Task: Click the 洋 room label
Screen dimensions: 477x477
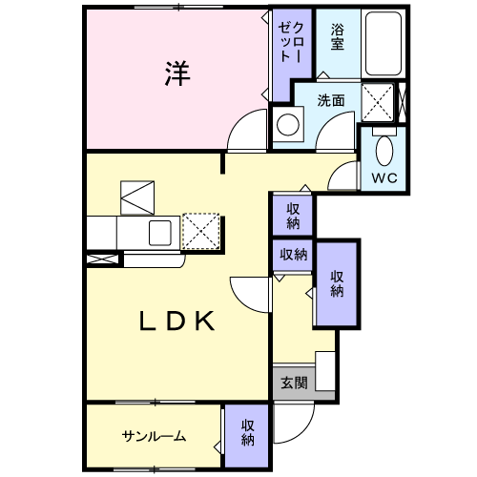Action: (x=177, y=73)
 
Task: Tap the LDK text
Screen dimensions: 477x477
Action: (x=177, y=321)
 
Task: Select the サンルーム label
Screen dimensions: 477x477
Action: (x=154, y=436)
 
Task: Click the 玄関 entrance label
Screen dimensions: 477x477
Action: (x=294, y=383)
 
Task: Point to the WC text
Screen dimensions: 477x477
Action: (x=384, y=177)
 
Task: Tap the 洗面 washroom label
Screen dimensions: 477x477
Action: (x=331, y=100)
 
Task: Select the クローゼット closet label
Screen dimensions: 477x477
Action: (x=291, y=42)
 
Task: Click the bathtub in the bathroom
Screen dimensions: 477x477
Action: (x=384, y=44)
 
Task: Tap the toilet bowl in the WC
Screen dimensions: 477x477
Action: (x=384, y=152)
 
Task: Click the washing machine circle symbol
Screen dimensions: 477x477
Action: (x=288, y=125)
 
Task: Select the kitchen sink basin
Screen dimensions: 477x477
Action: (x=160, y=233)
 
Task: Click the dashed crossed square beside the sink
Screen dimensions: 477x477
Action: (x=201, y=231)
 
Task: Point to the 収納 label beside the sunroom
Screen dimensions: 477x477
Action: (x=247, y=432)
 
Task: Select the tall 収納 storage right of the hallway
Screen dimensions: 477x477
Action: (x=337, y=284)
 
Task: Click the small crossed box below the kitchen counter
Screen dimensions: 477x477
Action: (x=102, y=259)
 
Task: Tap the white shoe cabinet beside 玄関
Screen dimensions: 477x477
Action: (x=325, y=371)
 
